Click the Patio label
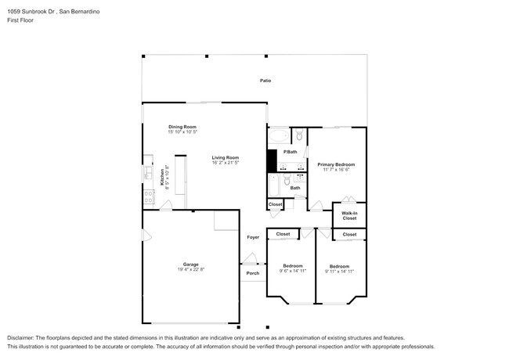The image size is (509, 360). coord(265,81)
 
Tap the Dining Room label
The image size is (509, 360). coord(182,127)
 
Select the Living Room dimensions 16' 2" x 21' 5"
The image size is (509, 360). coord(224,163)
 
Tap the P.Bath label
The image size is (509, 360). coord(290,151)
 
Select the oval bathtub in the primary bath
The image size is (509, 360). coord(278,134)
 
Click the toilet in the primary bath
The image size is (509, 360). coord(298,135)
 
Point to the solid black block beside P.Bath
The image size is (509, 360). coord(272,160)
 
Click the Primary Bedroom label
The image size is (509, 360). coord(336,164)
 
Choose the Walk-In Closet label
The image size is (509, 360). coord(349,215)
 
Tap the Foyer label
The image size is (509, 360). coord(253,237)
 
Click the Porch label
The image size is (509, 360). coord(252,273)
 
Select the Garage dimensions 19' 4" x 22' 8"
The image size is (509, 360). coord(191,269)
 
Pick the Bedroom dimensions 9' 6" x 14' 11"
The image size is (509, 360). coord(293,271)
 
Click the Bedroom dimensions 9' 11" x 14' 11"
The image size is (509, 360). coord(341,271)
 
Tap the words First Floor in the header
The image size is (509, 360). coord(20,22)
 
